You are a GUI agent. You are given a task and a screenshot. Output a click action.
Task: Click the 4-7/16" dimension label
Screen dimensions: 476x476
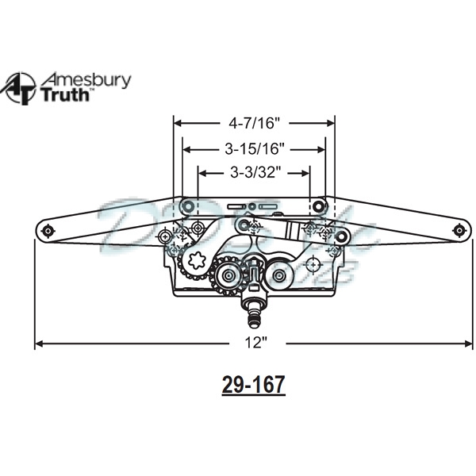click(255, 123)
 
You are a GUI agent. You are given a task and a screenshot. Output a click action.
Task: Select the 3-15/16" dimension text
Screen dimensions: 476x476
click(254, 148)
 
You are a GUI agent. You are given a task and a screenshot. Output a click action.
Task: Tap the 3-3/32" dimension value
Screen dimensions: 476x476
click(254, 172)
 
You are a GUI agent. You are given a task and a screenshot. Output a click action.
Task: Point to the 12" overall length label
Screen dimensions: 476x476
click(255, 344)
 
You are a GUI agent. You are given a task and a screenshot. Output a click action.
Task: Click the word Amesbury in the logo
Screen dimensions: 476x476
click(86, 80)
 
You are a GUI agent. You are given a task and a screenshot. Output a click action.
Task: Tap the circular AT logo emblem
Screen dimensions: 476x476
click(20, 88)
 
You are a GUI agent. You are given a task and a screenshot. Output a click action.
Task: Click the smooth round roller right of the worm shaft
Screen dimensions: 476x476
click(279, 275)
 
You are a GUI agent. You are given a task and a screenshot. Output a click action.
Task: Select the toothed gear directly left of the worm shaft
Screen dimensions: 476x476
click(228, 275)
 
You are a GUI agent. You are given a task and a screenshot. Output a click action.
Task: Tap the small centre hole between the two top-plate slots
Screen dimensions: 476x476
click(252, 207)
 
